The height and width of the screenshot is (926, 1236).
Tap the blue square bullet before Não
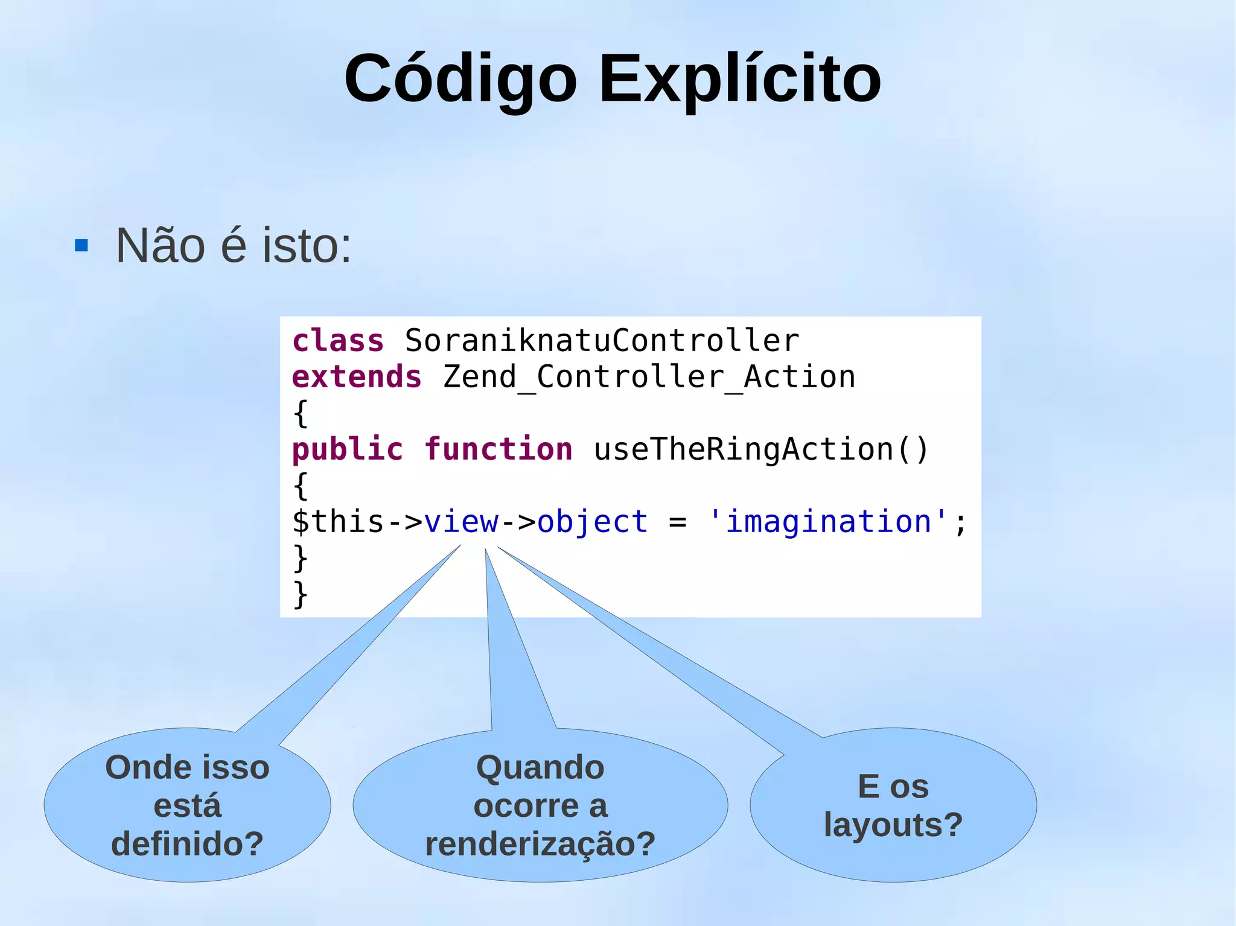coord(81,246)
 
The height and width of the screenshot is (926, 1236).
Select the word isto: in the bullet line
coord(307,246)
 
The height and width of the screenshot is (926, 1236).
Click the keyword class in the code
coord(337,341)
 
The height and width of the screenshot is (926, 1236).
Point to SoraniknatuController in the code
coord(602,341)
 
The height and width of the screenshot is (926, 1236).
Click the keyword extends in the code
coord(356,377)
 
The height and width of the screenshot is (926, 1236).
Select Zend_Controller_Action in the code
coord(649,377)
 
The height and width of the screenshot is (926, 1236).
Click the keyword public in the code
coord(347,449)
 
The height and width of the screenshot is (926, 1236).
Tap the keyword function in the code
coord(498,449)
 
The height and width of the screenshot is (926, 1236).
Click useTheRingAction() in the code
coord(761,449)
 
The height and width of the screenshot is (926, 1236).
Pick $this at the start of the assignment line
coord(337,522)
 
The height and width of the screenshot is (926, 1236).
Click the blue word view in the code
coord(461,522)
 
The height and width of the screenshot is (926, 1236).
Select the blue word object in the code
coord(592,522)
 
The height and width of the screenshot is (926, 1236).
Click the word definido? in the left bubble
coord(187,843)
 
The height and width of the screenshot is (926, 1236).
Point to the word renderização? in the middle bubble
coord(540,843)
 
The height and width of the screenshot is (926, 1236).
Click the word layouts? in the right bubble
coord(893,825)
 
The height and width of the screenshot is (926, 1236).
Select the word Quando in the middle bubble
coord(540,767)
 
